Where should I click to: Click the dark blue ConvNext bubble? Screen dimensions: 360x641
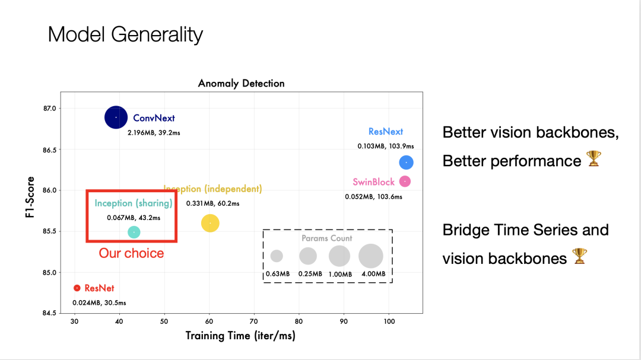tap(116, 117)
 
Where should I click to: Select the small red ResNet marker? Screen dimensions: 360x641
tap(77, 288)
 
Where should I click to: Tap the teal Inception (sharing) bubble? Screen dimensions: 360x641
tap(134, 232)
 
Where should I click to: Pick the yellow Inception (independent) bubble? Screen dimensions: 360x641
tap(210, 223)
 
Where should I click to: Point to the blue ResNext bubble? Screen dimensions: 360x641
tap(406, 162)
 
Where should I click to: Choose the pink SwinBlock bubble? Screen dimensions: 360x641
tap(405, 181)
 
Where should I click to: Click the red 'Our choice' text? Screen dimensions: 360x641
tap(131, 253)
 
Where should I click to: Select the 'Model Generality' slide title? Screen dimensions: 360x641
tap(125, 34)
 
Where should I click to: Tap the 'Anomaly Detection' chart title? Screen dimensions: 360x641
tap(241, 83)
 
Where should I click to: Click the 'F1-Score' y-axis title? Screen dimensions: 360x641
tap(30, 197)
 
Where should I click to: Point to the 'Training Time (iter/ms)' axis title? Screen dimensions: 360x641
tap(240, 336)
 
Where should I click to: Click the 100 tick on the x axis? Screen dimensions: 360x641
tap(388, 321)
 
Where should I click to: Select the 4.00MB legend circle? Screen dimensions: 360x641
tap(371, 256)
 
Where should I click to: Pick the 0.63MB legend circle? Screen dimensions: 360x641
tap(277, 256)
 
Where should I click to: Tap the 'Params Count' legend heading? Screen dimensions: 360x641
tap(326, 238)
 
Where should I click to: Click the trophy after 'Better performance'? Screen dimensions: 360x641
tap(594, 160)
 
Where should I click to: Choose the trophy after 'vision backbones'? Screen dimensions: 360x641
tap(579, 257)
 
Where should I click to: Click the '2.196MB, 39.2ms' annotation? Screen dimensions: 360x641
tap(154, 133)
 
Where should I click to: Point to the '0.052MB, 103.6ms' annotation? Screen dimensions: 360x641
tap(373, 196)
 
